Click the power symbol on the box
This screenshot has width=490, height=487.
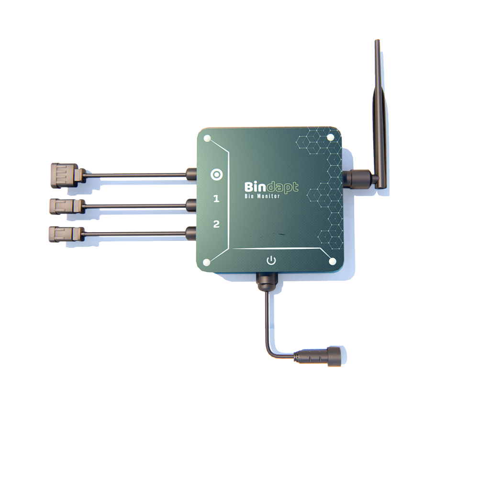271,260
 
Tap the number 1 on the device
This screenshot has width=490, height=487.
216,199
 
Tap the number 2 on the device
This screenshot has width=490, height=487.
216,224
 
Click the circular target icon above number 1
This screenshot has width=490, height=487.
216,174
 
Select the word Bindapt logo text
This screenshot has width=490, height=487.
271,187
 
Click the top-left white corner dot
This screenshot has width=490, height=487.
207,138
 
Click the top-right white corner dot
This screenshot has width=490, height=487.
330,137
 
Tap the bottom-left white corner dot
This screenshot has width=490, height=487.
207,262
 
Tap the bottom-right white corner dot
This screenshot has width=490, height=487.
333,261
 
